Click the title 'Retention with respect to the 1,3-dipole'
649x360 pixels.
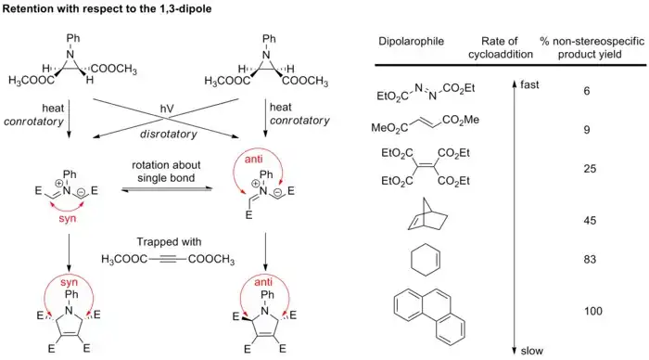pos(115,10)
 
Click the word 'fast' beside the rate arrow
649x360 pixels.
pos(530,85)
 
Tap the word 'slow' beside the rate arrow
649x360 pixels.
pos(531,350)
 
